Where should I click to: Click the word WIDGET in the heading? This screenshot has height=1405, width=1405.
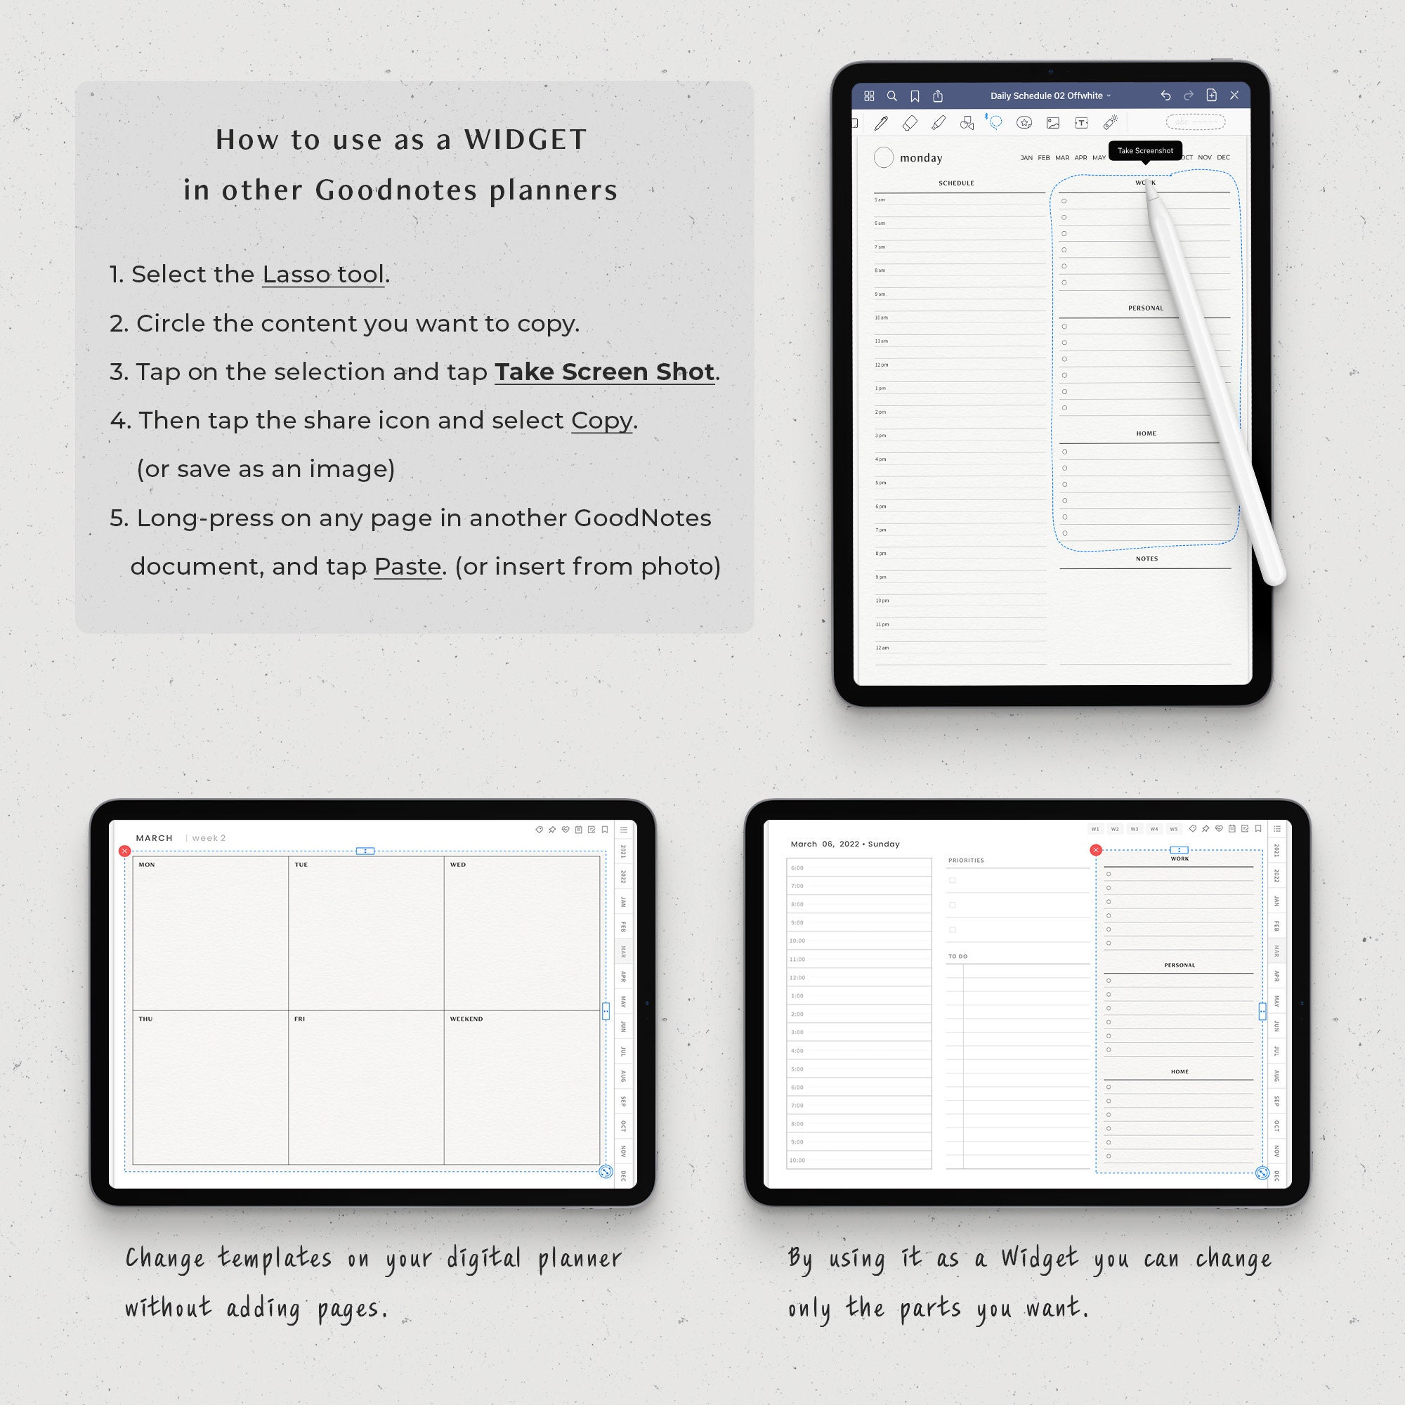pos(525,140)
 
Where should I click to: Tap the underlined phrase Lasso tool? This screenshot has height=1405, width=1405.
pos(323,274)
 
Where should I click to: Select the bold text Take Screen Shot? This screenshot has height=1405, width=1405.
pos(604,372)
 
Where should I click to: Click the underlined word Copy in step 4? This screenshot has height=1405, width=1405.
pos(601,420)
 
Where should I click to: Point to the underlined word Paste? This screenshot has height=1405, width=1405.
pos(407,566)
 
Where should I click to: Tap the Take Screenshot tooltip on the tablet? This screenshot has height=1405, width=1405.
pos(1144,150)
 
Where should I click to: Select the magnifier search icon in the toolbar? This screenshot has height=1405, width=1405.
pos(891,96)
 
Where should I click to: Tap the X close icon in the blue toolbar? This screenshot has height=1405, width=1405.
pos(1234,96)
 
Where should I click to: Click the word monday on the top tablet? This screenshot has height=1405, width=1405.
pos(921,158)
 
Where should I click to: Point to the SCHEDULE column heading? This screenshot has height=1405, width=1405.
pos(955,183)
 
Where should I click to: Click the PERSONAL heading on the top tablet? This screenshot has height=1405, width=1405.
pos(1145,308)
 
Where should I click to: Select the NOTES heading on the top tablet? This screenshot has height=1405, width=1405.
pos(1146,558)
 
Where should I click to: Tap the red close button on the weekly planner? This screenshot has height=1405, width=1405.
pos(124,851)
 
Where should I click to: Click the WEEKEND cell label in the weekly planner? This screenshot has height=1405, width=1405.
pos(466,1019)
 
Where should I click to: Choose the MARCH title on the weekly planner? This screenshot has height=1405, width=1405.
pos(154,838)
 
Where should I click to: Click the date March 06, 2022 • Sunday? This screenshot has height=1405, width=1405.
pos(845,844)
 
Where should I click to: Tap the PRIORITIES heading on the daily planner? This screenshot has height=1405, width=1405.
pos(966,861)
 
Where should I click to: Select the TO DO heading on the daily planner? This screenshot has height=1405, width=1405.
pos(957,956)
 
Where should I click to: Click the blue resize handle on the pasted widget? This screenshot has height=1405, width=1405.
pos(1262,1173)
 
